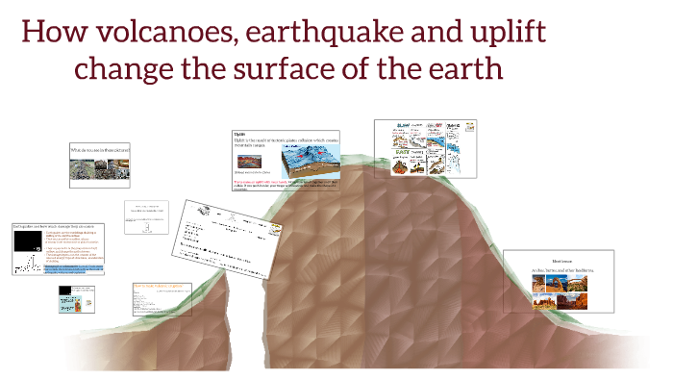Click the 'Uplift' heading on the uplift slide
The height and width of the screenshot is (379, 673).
click(240, 134)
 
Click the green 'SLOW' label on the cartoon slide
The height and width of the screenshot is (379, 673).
click(402, 125)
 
